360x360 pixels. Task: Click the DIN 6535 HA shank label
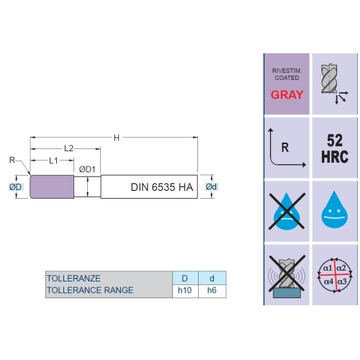(162, 187)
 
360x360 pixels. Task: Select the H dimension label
(117, 138)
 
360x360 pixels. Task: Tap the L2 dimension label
(68, 148)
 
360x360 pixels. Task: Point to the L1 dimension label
(53, 161)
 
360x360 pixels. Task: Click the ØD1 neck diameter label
(87, 169)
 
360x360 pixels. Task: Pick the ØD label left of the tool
(16, 187)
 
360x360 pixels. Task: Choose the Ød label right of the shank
(211, 186)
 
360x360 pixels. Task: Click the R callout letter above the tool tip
(12, 160)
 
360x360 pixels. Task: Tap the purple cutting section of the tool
(52, 187)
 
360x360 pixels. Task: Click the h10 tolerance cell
(185, 290)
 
